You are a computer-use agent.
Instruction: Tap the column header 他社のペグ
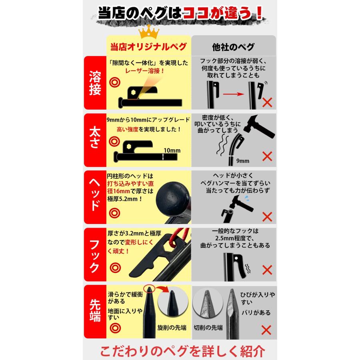(x=234, y=46)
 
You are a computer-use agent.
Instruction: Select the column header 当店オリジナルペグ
(x=148, y=46)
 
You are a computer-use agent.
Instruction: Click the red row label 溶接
(x=95, y=83)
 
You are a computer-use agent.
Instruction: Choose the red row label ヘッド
(x=95, y=197)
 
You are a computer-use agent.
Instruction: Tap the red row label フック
(x=95, y=254)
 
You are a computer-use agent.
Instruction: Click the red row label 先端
(x=95, y=312)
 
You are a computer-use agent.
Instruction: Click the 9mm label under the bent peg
(x=242, y=161)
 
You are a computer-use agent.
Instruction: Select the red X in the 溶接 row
(x=267, y=102)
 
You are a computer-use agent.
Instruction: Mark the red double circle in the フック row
(x=115, y=266)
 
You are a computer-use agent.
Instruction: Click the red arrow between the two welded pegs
(x=233, y=95)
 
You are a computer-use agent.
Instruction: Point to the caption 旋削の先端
(x=172, y=328)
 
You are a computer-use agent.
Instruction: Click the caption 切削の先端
(x=210, y=328)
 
